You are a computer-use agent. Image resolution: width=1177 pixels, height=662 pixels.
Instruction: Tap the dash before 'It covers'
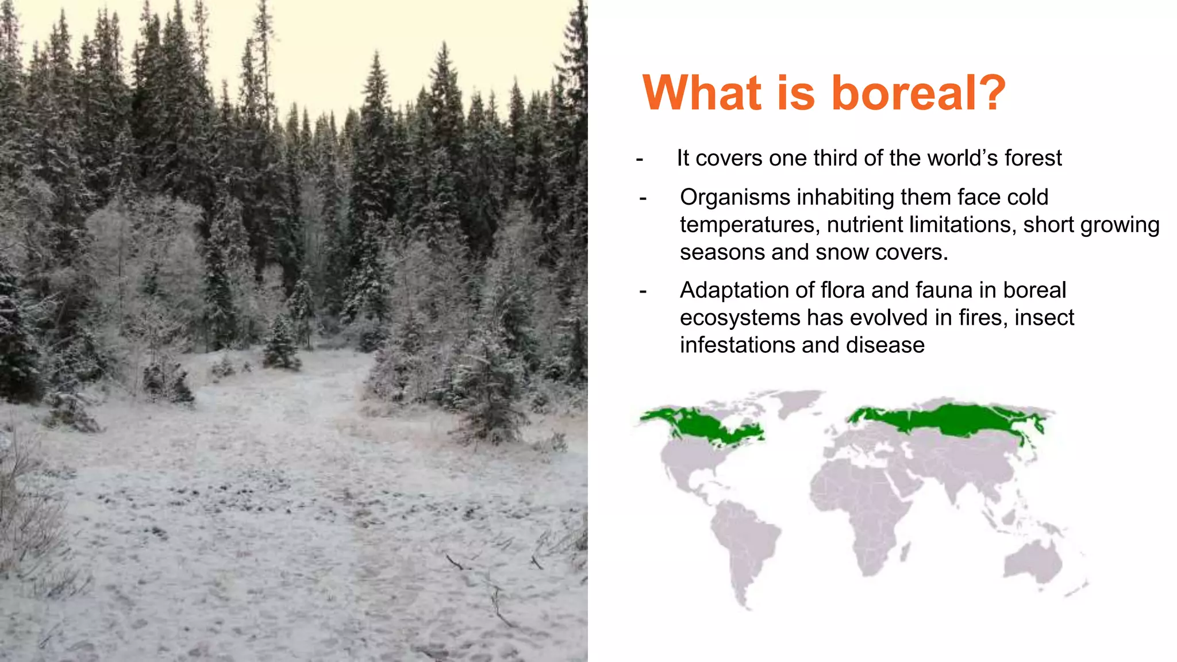(640, 159)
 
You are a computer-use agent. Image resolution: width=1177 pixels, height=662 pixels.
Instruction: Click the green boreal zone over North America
(707, 426)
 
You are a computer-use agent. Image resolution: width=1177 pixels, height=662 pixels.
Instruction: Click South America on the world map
(744, 540)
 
